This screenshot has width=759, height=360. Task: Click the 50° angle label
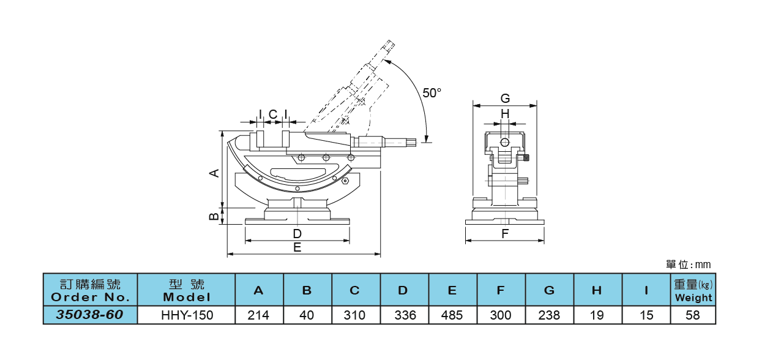tap(432, 92)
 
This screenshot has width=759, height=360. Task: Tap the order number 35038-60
tap(90, 315)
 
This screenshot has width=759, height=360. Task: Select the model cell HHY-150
tap(187, 315)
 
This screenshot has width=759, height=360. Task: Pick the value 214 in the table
tap(258, 315)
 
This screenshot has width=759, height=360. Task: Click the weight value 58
tap(693, 315)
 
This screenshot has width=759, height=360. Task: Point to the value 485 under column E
tap(452, 315)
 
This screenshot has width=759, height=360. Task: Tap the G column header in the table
tap(549, 290)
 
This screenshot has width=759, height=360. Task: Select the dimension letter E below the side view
tap(297, 247)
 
